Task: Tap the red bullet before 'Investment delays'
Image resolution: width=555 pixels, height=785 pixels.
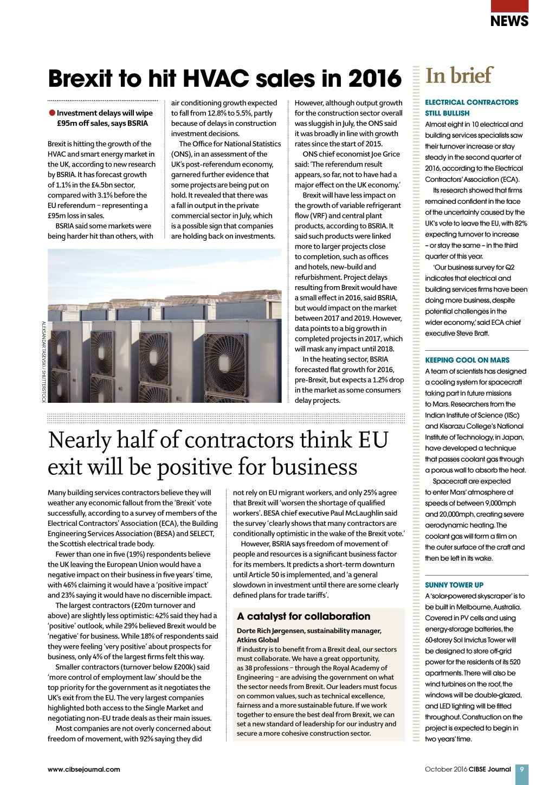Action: [x=52, y=113]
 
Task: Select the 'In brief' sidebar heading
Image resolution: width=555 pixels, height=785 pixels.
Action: [x=459, y=76]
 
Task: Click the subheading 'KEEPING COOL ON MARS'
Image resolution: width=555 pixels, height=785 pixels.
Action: [x=467, y=360]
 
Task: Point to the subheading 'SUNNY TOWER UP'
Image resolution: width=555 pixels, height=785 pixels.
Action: [x=454, y=585]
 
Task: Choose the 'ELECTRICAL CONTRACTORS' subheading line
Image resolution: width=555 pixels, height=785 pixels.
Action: [x=472, y=102]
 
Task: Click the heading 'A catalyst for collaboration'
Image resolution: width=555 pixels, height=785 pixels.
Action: [x=304, y=616]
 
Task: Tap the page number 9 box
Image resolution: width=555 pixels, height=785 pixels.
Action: [x=521, y=769]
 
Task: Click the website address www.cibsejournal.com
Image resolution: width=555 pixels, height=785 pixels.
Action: [x=84, y=769]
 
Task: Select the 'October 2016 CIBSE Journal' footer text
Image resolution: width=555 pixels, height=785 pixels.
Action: [x=468, y=769]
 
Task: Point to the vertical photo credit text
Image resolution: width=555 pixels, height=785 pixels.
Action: [x=44, y=362]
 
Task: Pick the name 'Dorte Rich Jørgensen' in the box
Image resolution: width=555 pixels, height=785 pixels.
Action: [x=273, y=630]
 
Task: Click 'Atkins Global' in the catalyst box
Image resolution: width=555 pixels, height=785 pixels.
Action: [x=258, y=640]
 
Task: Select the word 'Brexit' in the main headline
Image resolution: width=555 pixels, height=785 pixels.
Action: [x=81, y=79]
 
